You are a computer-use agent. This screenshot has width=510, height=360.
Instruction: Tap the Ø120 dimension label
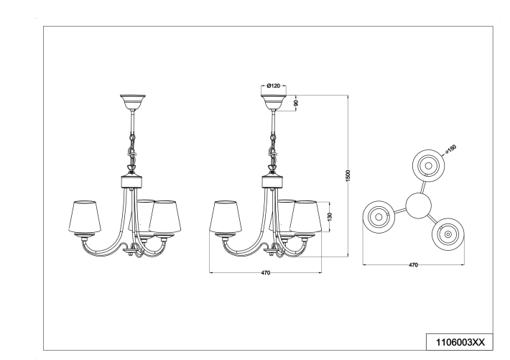point(273,86)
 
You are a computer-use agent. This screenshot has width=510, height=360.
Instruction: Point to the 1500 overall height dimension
point(348,175)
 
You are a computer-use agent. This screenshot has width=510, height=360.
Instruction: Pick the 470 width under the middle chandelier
point(265,274)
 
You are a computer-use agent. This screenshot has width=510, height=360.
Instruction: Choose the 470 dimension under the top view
point(413,265)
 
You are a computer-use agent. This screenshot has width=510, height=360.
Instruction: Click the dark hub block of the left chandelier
point(131,182)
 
